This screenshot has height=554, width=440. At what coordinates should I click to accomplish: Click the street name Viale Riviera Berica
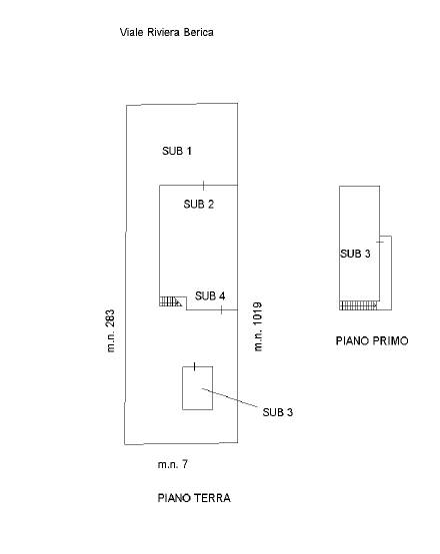pyautogui.click(x=167, y=33)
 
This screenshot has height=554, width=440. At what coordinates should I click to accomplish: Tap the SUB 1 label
pyautogui.click(x=177, y=151)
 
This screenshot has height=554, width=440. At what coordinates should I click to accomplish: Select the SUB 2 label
pyautogui.click(x=199, y=204)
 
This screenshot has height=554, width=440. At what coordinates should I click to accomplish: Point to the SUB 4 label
pyautogui.click(x=210, y=295)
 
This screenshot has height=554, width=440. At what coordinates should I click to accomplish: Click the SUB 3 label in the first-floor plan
pyautogui.click(x=355, y=254)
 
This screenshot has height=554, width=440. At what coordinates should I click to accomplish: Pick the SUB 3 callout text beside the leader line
pyautogui.click(x=278, y=412)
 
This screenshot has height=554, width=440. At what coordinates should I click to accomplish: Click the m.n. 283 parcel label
pyautogui.click(x=110, y=330)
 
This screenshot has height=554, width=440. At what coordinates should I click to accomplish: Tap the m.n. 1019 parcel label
pyautogui.click(x=258, y=326)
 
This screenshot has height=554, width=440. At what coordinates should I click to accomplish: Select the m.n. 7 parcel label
pyautogui.click(x=173, y=464)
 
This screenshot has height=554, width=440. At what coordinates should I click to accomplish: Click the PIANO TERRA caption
pyautogui.click(x=194, y=498)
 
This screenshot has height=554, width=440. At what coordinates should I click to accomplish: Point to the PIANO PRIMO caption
pyautogui.click(x=372, y=340)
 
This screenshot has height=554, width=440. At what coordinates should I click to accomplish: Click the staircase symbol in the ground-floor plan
pyautogui.click(x=171, y=301)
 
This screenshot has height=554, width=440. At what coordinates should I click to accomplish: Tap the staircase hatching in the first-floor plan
pyautogui.click(x=358, y=305)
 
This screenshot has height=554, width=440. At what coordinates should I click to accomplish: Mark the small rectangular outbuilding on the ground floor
pyautogui.click(x=198, y=388)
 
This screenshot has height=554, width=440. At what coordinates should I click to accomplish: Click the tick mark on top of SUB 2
pyautogui.click(x=204, y=185)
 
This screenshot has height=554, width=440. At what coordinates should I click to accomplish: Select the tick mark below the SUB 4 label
pyautogui.click(x=222, y=310)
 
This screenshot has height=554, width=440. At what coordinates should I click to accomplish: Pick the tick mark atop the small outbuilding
pyautogui.click(x=195, y=366)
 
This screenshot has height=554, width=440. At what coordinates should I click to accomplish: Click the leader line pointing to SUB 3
pyautogui.click(x=230, y=398)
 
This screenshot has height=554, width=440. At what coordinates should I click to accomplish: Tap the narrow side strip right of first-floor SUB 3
pyautogui.click(x=386, y=273)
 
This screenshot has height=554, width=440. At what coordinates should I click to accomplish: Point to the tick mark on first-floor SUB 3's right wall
pyautogui.click(x=380, y=242)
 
